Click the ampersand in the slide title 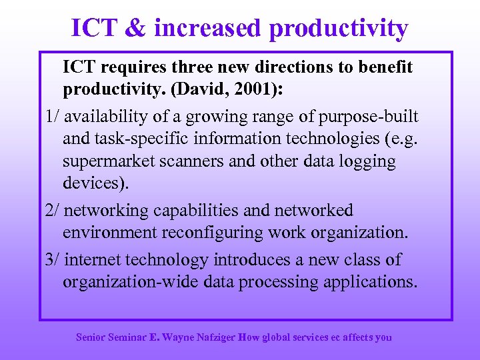pos(134,28)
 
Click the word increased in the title pos(207,28)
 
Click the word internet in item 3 pos(98,259)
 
